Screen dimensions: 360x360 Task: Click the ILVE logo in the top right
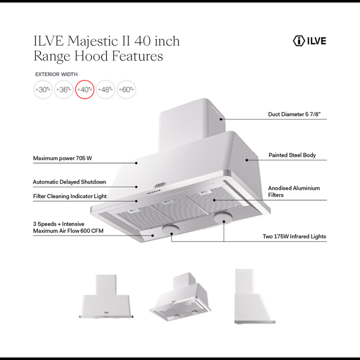pos(309,41)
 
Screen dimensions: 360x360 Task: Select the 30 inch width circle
pos(43,89)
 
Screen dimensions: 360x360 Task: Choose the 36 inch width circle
pos(64,89)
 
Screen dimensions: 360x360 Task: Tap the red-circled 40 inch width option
pos(84,89)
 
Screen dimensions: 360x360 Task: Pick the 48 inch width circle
pos(105,89)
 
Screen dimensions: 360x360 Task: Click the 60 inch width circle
pos(126,89)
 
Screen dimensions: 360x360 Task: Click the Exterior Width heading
pos(56,74)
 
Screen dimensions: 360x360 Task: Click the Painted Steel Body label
pos(292,155)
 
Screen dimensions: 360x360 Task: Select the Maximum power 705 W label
pos(62,158)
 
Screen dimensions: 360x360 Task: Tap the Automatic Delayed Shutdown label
pos(69,182)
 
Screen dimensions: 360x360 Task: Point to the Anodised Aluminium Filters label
pos(294,192)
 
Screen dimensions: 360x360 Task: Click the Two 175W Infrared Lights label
pos(294,237)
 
